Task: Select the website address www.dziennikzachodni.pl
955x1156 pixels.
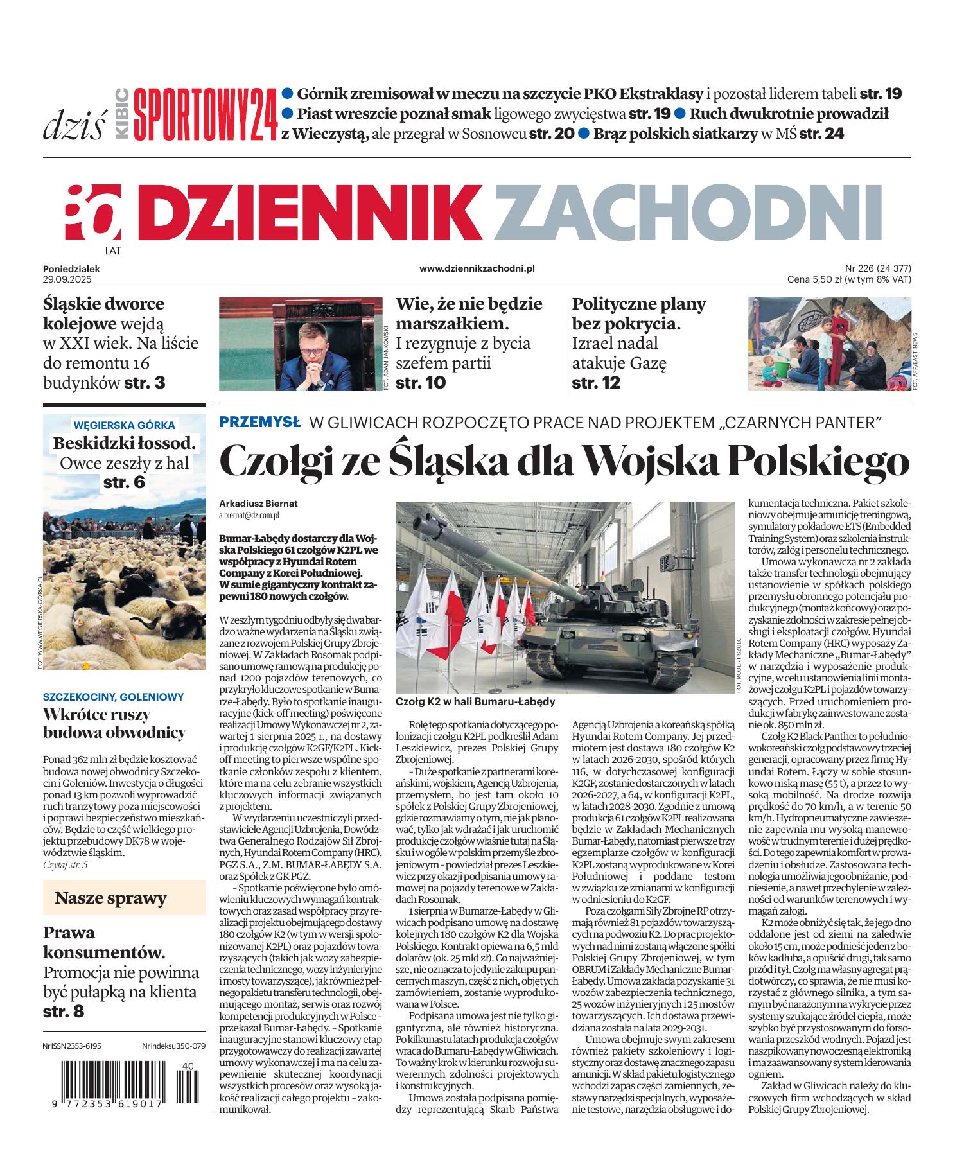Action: point(477,270)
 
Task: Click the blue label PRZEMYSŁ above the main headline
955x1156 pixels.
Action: point(259,422)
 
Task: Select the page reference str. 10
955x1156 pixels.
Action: point(421,383)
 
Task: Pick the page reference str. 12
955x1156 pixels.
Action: point(597,383)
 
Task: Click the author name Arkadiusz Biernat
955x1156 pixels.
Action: point(258,504)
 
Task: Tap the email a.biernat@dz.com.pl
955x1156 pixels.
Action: point(249,515)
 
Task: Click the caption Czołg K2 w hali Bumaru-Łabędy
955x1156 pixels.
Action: point(476,702)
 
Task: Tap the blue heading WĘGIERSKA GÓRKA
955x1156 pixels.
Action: point(124,425)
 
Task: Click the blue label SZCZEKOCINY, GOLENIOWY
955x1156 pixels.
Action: point(113,696)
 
